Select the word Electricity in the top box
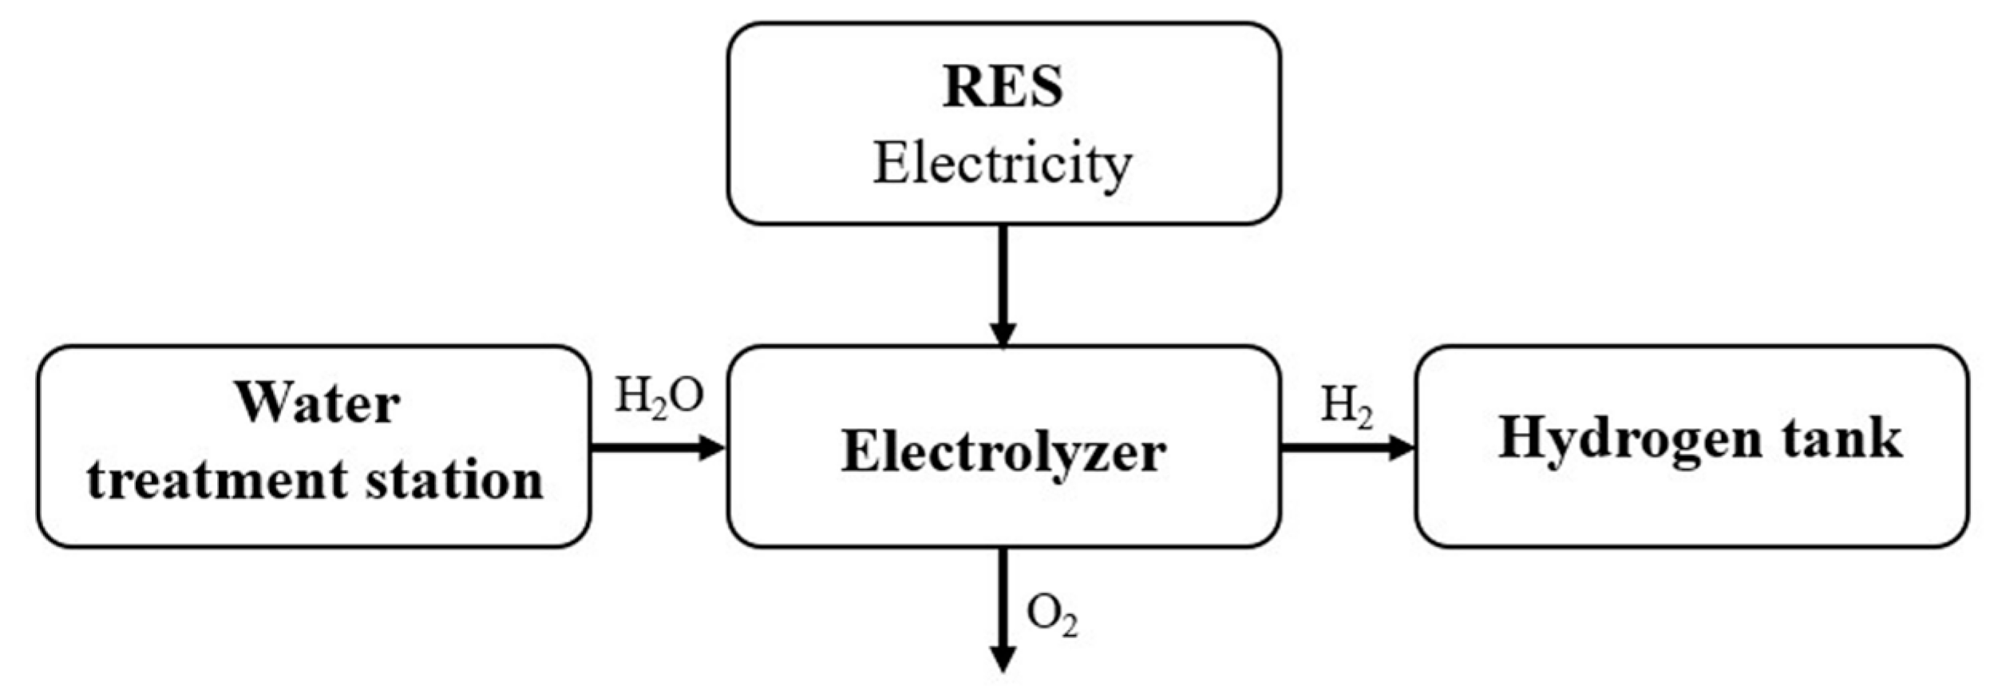[1003, 165]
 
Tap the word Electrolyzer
[1003, 452]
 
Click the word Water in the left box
[317, 403]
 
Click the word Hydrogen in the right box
[1629, 438]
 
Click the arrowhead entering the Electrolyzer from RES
[1003, 333]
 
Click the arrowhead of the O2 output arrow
[1003, 659]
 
